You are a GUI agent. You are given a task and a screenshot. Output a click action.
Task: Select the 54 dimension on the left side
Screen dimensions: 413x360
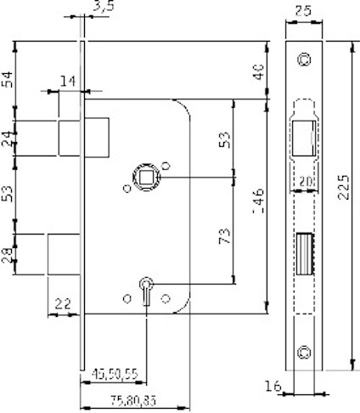point(8,81)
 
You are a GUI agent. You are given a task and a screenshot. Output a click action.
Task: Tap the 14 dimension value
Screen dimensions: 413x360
point(68,82)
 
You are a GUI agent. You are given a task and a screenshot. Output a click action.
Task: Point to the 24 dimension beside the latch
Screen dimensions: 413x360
point(8,139)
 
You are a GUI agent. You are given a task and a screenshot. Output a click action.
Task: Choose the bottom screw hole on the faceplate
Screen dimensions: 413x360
point(303,350)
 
